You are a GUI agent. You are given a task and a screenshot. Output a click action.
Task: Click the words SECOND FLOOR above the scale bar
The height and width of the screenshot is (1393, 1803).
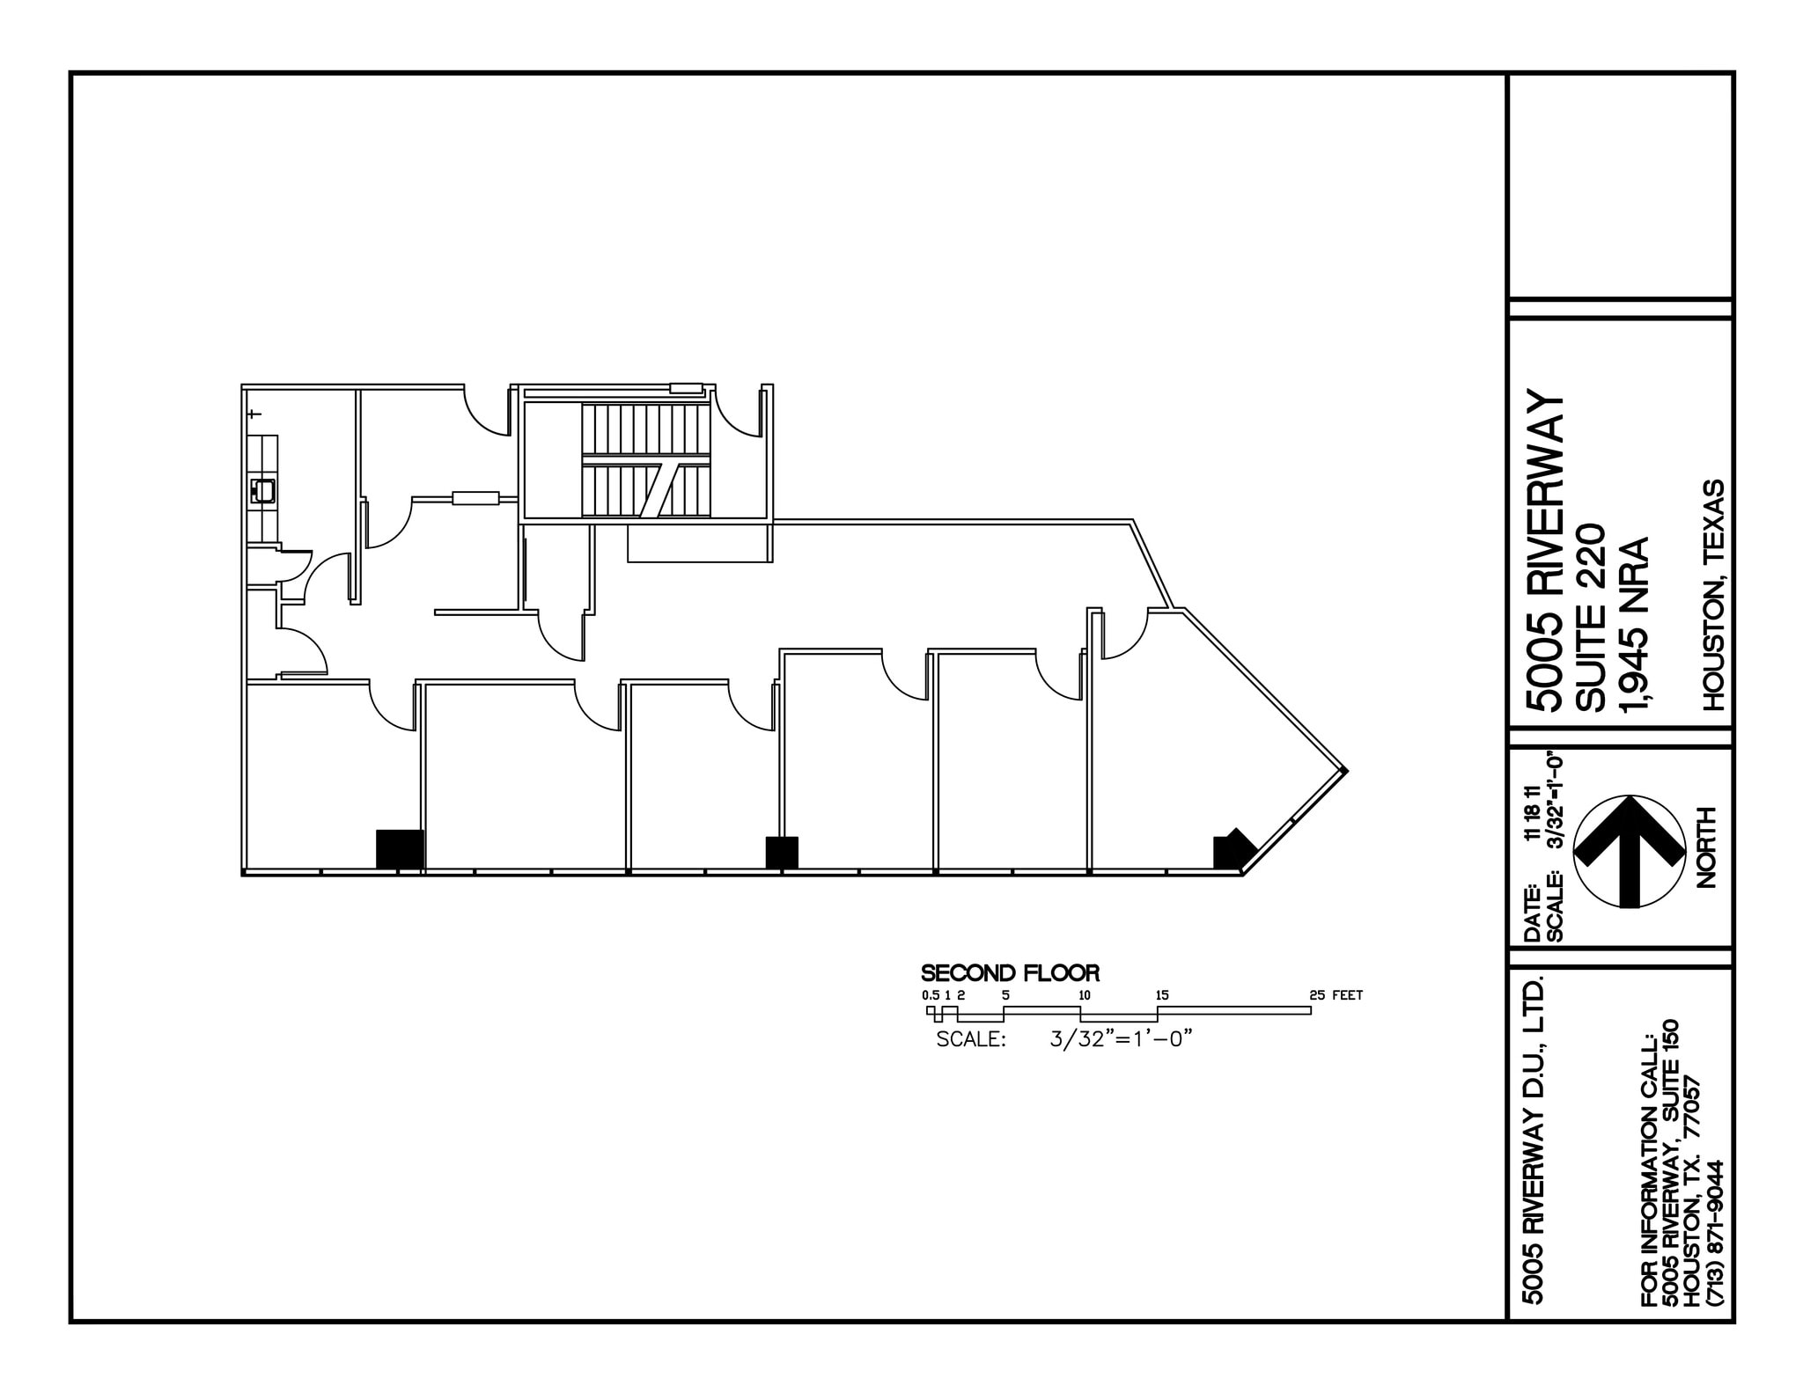tap(1010, 974)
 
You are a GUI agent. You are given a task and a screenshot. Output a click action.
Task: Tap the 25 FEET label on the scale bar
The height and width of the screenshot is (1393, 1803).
tap(1336, 995)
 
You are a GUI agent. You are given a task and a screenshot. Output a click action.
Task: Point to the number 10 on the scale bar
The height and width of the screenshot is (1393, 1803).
tap(1085, 995)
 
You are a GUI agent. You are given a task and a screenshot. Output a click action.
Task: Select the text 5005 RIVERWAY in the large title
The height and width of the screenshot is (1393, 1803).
tap(1546, 551)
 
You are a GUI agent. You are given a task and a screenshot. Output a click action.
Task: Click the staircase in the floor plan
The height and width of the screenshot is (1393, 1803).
tap(645, 461)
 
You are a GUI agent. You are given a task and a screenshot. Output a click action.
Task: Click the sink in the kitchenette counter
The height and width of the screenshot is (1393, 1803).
tap(264, 490)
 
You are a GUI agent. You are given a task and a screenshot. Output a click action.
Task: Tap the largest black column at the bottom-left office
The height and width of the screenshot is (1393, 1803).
tap(400, 849)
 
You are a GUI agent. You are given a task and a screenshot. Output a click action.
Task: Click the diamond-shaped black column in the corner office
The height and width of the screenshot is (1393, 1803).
tap(1233, 850)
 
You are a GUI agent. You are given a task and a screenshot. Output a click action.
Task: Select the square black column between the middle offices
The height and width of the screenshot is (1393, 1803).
tap(781, 852)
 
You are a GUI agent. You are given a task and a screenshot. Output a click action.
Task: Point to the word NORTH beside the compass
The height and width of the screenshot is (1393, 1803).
tap(1706, 847)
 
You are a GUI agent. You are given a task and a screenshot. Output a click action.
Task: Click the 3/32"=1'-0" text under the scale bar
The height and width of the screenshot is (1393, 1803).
tap(1121, 1038)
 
